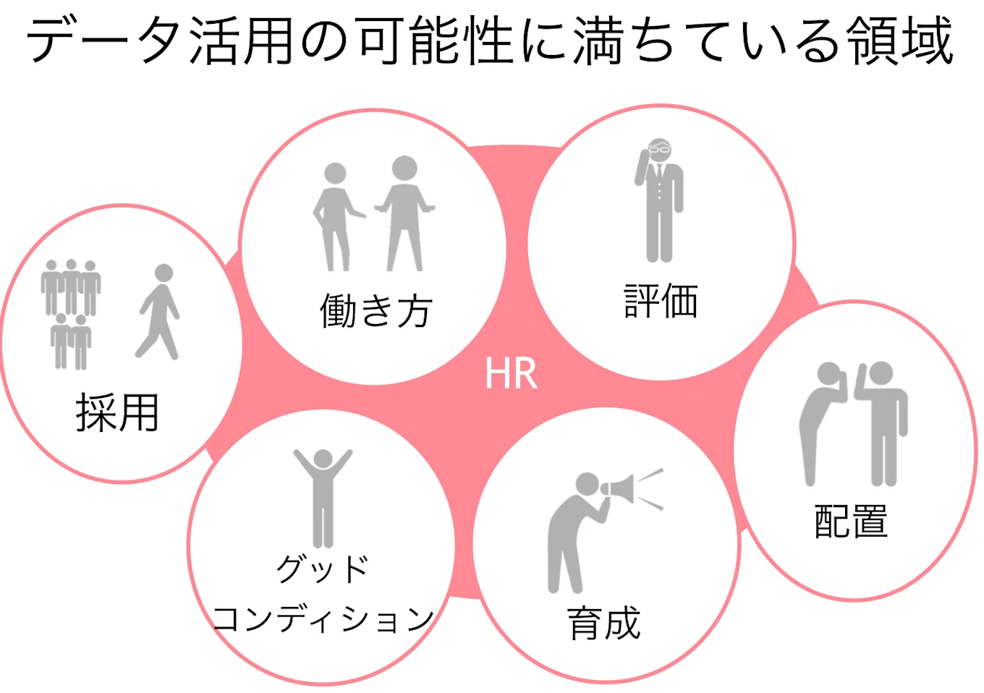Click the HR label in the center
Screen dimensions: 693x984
pyautogui.click(x=511, y=373)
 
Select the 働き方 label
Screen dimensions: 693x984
pyautogui.click(x=376, y=311)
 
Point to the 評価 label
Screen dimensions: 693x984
pyautogui.click(x=661, y=301)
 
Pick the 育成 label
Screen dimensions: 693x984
pyautogui.click(x=604, y=623)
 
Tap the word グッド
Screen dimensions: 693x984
pyautogui.click(x=323, y=569)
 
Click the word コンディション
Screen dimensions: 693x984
pyautogui.click(x=323, y=618)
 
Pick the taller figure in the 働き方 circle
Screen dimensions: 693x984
pyautogui.click(x=405, y=213)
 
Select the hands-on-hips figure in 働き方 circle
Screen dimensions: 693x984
pyautogui.click(x=335, y=217)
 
